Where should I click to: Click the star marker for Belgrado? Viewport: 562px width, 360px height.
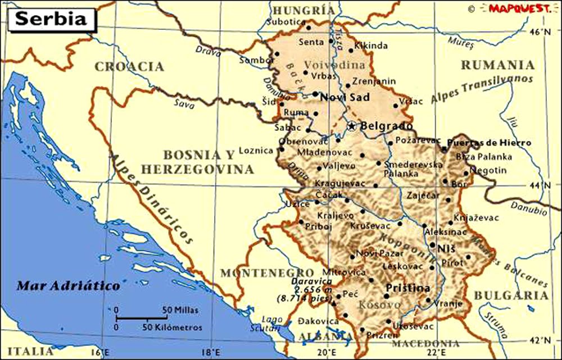pos(352,126)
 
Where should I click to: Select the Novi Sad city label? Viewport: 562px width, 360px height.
pos(345,98)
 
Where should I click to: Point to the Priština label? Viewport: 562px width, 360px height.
pos(408,288)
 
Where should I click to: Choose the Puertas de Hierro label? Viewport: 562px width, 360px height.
pos(489,143)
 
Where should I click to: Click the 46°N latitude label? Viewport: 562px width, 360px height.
pos(539,32)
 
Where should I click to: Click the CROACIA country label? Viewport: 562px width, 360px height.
pos(129,67)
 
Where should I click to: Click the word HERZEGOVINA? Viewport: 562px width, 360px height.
pos(197,169)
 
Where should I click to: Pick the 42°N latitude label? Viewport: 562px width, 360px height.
pos(540,340)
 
